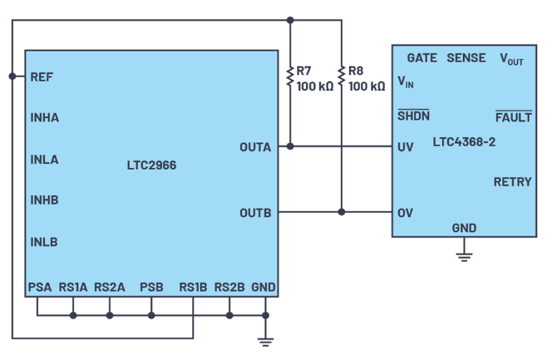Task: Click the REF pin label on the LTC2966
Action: [x=41, y=76]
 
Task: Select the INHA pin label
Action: [x=45, y=117]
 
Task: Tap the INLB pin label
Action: [x=44, y=242]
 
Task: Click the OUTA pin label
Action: [x=255, y=147]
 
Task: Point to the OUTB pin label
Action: [x=255, y=213]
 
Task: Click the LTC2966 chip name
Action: [x=151, y=165]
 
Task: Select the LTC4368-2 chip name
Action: [x=464, y=142]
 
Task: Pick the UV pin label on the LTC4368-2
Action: [x=406, y=147]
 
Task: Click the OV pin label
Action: [x=406, y=213]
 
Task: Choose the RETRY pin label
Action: [x=512, y=182]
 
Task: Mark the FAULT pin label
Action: [x=513, y=117]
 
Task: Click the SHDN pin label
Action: [x=413, y=116]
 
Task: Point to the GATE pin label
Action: [x=422, y=58]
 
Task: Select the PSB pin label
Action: [x=151, y=288]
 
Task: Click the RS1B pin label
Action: [x=193, y=288]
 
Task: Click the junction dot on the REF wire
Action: [x=12, y=76]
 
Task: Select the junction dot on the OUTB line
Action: [x=342, y=212]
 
